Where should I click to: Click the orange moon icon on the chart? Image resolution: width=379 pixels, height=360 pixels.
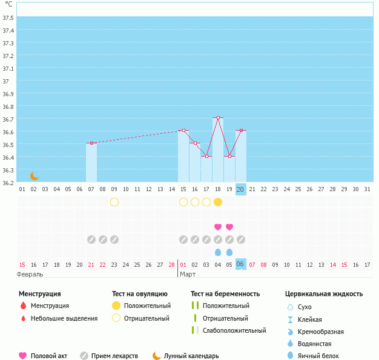tap(35, 175)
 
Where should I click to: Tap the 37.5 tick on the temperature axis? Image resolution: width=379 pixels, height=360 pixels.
tap(8, 18)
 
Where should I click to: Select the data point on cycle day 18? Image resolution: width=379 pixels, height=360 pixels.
tap(218, 117)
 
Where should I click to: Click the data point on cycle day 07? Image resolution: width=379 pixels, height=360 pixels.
tap(91, 143)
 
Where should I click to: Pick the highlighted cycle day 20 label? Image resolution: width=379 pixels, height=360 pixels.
tap(240, 189)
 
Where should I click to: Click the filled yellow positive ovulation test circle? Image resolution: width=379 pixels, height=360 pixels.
tap(218, 202)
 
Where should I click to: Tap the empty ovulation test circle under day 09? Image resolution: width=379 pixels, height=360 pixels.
tap(114, 202)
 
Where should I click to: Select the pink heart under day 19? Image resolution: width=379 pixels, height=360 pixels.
tap(229, 227)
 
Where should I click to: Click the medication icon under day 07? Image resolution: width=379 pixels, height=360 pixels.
tap(91, 240)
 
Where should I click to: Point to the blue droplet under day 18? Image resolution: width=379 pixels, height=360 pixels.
tap(218, 252)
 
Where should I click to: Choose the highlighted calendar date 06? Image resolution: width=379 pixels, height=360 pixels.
tap(240, 264)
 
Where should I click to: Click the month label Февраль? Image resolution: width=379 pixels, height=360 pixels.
tap(30, 274)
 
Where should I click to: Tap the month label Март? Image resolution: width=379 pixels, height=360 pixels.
tap(188, 274)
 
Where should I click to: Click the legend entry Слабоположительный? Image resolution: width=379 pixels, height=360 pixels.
tap(234, 330)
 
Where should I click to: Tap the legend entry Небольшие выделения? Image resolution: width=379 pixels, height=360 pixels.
tap(64, 318)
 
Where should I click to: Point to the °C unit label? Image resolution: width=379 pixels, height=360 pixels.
tap(8, 4)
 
